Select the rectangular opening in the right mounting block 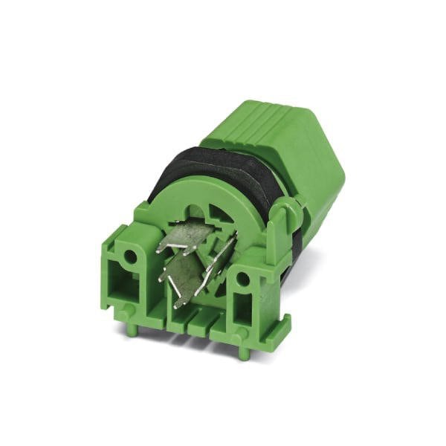[245, 296]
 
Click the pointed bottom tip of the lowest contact [177, 305]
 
